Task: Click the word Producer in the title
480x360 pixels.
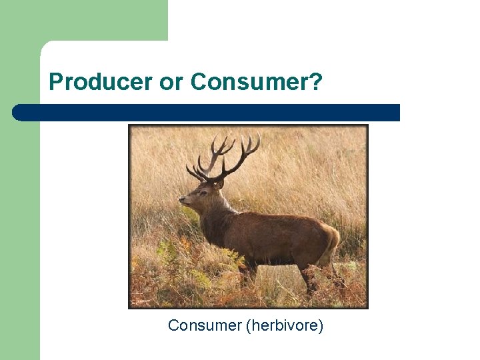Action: (x=101, y=82)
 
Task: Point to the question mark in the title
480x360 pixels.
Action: (x=316, y=82)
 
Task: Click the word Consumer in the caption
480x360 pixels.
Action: (x=205, y=325)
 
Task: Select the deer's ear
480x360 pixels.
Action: (x=218, y=184)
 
